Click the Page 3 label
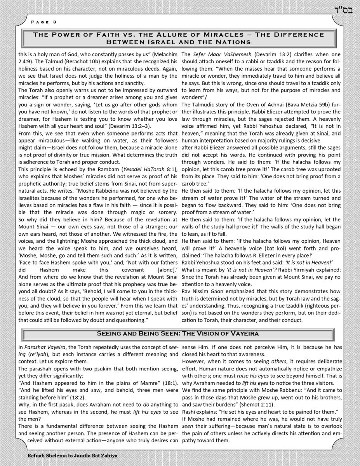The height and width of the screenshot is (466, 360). point(43,22)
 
